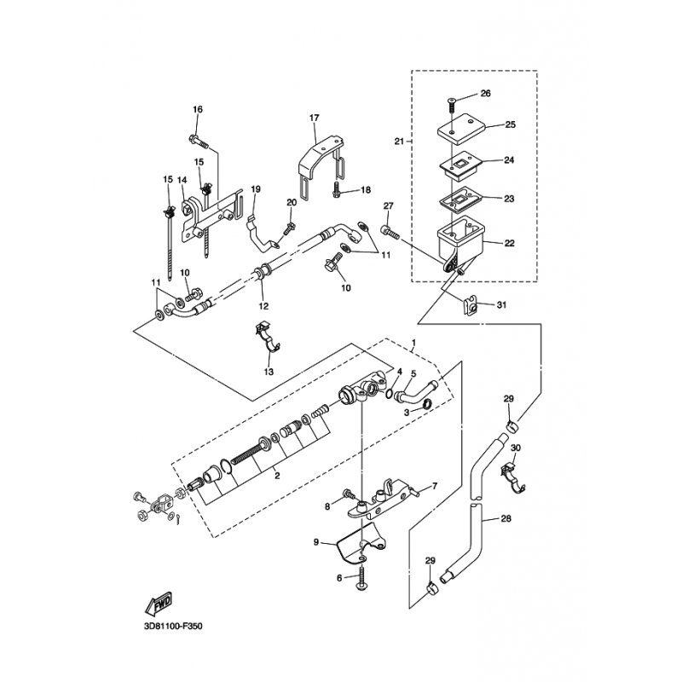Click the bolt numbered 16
[194, 136]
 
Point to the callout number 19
[255, 188]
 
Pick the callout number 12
[263, 305]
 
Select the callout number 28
[507, 517]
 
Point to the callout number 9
[315, 542]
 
